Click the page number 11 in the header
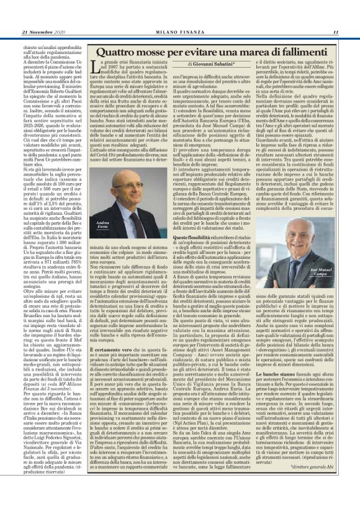click(335, 33)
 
